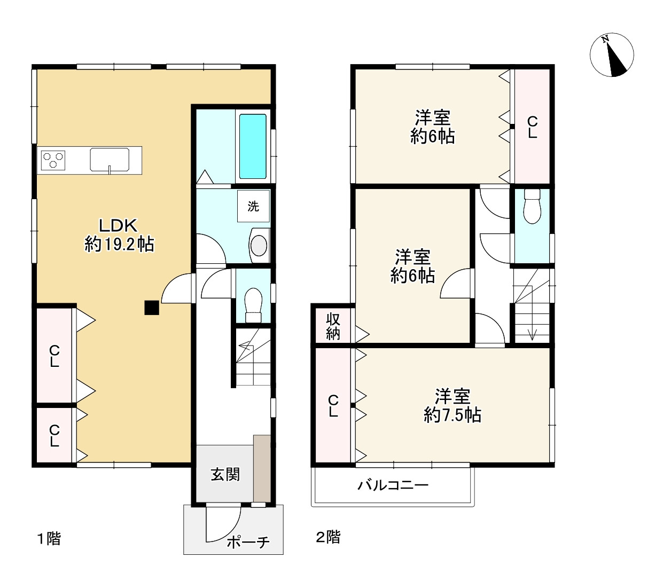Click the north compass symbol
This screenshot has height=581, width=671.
click(x=611, y=55)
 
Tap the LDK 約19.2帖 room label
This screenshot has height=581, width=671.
click(x=119, y=234)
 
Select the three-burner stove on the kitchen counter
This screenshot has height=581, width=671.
click(x=53, y=160)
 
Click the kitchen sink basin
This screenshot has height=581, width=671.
click(x=110, y=159)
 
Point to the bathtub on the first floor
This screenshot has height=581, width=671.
click(x=253, y=146)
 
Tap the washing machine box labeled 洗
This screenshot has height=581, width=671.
click(x=253, y=206)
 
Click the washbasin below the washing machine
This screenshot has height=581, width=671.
click(x=259, y=245)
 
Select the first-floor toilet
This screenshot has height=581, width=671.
click(x=253, y=305)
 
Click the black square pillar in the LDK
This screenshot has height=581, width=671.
click(x=152, y=308)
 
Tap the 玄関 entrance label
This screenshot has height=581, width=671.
click(x=225, y=474)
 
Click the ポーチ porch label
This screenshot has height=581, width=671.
click(x=248, y=541)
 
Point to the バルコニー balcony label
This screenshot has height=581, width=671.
click(x=393, y=485)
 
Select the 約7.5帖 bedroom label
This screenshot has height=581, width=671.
click(x=452, y=406)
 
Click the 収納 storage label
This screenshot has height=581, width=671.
click(x=333, y=326)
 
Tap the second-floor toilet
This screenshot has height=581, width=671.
click(x=532, y=207)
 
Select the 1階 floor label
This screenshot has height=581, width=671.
click(x=49, y=538)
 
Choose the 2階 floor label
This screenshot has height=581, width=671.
click(x=328, y=537)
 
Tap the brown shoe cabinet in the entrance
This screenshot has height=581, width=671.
click(x=262, y=469)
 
